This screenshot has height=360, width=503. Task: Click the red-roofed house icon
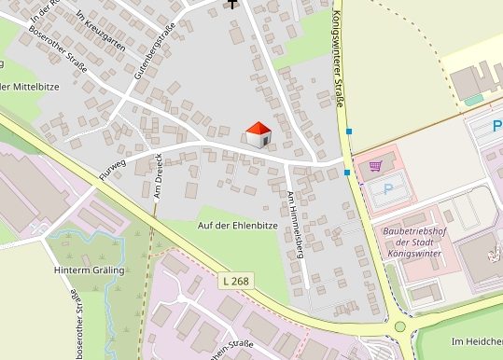pos(258,134)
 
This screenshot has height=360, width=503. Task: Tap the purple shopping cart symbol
pos(375,166)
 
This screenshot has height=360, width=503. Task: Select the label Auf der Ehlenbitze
pos(238,226)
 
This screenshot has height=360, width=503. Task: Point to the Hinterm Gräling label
pos(89,270)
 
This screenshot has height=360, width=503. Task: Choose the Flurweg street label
pos(111,166)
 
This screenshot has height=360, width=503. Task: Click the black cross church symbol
pos(231,3)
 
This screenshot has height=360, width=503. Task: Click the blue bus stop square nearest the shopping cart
pos(347,172)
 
